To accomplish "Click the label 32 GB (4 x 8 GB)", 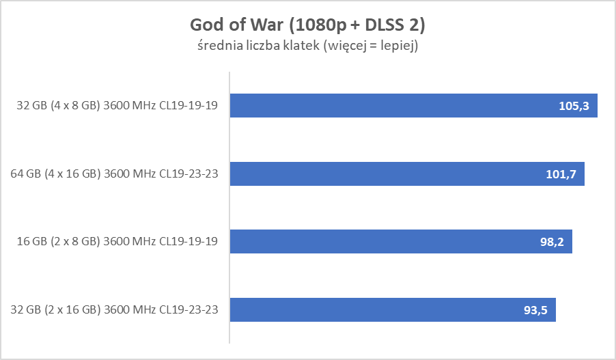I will [60, 106].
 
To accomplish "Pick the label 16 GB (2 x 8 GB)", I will [60, 242].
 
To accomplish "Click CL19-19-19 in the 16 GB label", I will [190, 242].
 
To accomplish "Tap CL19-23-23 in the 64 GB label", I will [190, 174].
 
